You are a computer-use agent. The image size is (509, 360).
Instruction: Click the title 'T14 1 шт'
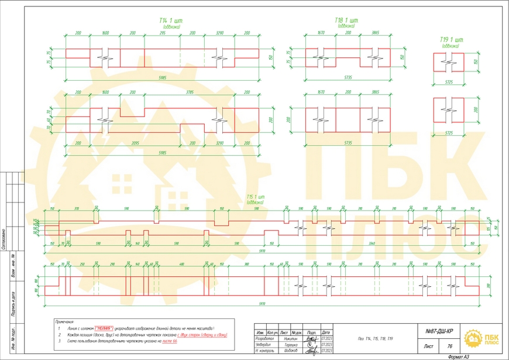pos(170,20)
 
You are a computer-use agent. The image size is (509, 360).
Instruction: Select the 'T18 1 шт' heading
pos(347,20)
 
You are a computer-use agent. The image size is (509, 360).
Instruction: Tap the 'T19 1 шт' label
pos(450,39)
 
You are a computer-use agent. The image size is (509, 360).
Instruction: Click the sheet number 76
pos(450,347)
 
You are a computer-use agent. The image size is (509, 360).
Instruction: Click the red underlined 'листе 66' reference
pos(166,341)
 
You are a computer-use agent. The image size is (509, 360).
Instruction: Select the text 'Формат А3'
pos(458,356)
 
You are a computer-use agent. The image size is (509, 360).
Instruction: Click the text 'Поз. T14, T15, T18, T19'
pos(375,339)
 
